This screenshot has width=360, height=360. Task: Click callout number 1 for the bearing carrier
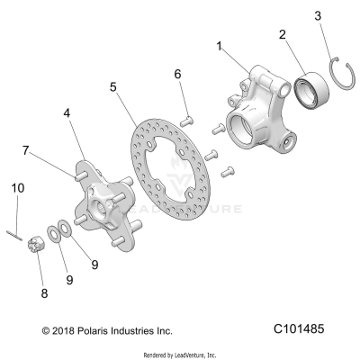click(x=219, y=43)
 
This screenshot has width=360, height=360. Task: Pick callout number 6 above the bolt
click(x=178, y=74)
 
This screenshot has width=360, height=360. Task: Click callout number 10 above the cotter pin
click(x=16, y=187)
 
